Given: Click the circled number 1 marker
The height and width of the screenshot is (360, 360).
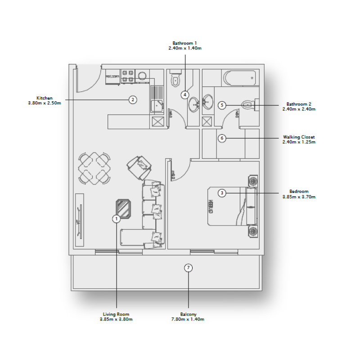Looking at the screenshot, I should [116, 219].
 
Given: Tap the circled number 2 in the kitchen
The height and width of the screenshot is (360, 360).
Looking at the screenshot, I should [132, 99].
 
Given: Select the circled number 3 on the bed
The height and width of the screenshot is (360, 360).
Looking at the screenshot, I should [222, 193].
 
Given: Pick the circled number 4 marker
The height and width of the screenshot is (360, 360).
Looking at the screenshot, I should [185, 94].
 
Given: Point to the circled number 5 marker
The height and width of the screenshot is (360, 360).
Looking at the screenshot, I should [222, 105].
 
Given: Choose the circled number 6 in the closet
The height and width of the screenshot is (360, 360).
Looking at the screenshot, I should [222, 138].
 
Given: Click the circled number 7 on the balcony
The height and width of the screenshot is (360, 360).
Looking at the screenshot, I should [189, 268].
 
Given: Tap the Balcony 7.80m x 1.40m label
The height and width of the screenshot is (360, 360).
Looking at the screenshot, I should [189, 317].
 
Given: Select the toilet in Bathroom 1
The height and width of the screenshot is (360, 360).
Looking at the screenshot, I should [176, 80].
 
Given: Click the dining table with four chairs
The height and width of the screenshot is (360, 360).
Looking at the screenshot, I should [94, 168].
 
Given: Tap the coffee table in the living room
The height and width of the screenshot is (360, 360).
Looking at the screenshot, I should [123, 209].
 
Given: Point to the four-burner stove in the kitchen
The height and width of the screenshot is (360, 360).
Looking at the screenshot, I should [128, 76].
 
